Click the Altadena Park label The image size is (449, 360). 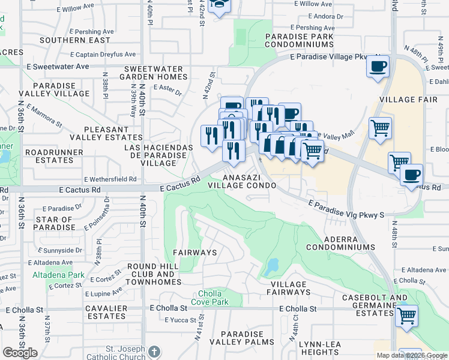(x=51, y=275)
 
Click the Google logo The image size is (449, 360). (x=20, y=353)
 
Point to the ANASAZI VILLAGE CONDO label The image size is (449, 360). (x=250, y=181)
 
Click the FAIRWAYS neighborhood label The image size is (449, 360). (x=194, y=253)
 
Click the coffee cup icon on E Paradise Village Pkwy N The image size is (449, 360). (x=378, y=67)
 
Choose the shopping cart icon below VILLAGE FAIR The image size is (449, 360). (x=381, y=128)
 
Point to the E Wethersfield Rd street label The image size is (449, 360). (x=110, y=179)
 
